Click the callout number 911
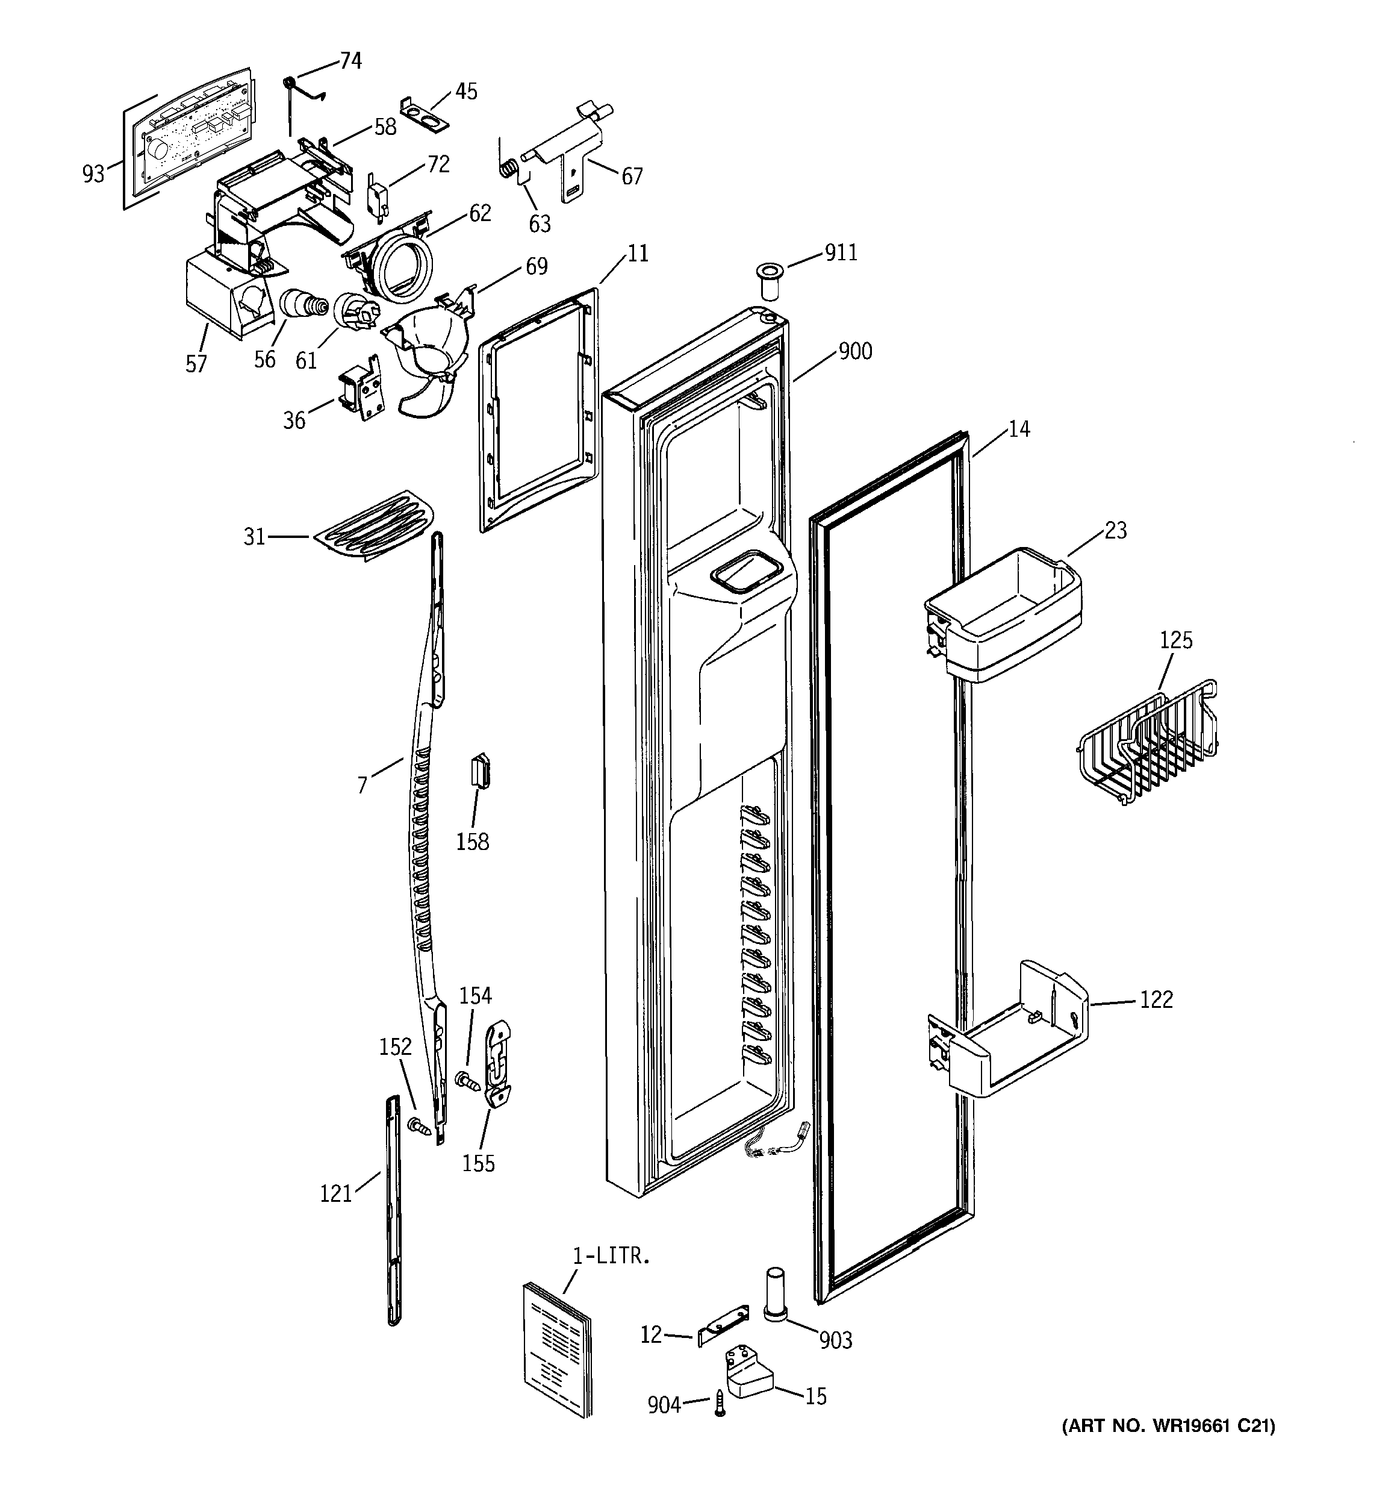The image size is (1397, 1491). (x=841, y=253)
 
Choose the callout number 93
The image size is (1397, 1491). (x=93, y=174)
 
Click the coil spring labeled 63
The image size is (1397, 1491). (x=508, y=169)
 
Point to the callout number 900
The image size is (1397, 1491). (x=855, y=351)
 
